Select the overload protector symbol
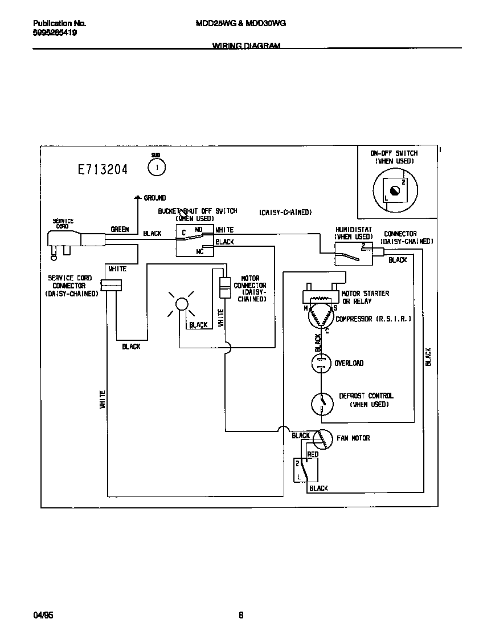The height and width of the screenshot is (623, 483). pos(321,363)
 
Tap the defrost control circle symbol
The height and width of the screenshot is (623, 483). pos(322,404)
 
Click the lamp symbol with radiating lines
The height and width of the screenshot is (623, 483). pos(181,304)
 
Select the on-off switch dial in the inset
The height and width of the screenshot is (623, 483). pos(395,190)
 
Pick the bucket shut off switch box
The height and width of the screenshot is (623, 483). pos(194,240)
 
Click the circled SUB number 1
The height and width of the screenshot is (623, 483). pos(156,168)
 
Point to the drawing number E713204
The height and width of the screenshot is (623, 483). pos(103,169)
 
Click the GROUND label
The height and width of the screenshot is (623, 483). pos(154,198)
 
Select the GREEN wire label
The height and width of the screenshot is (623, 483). pos(120,230)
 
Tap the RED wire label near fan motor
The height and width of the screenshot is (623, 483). pos(313,454)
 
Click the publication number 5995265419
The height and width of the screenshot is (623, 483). pos(55,32)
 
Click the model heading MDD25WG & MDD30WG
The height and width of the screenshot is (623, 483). pos(240,23)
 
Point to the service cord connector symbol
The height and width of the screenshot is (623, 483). pos(112,285)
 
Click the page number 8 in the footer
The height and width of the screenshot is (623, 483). pos(241,615)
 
